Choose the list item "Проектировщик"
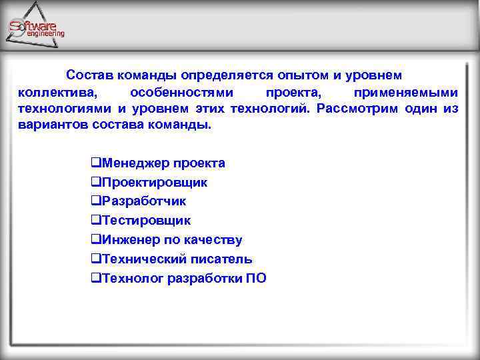coord(153,182)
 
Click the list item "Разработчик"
coord(143,201)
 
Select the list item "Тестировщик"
coord(145,221)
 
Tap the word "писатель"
coord(221,259)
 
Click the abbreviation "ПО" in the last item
coord(256,279)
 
